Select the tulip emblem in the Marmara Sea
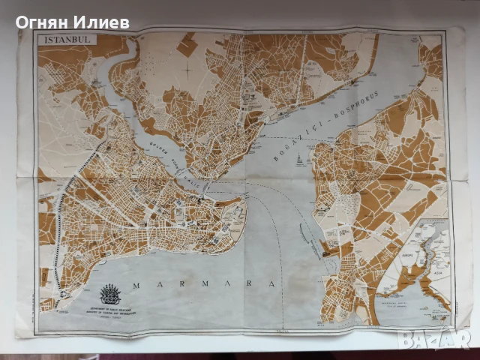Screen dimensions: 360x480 (110, 292)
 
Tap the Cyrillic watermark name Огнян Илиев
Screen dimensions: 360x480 (73, 22)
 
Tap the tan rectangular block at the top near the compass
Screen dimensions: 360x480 (187, 46)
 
